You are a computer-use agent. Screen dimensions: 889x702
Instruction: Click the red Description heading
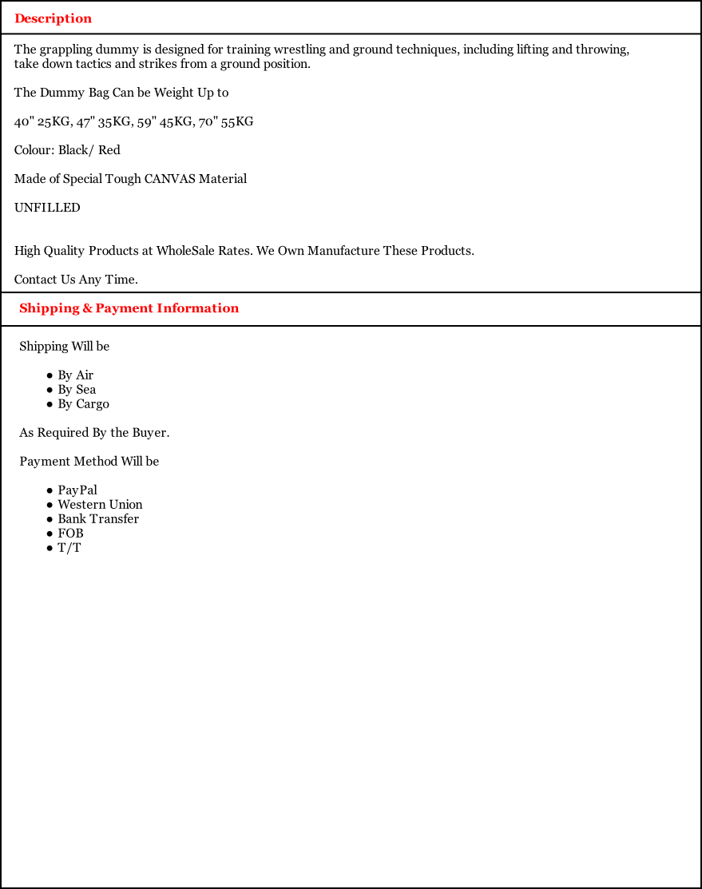[x=53, y=18]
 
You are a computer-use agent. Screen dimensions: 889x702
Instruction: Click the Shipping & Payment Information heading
[x=129, y=308]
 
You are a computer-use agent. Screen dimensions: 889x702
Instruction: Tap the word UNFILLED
[x=47, y=208]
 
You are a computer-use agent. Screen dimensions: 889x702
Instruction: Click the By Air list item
[x=75, y=375]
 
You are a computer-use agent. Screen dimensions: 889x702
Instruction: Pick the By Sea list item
[x=77, y=390]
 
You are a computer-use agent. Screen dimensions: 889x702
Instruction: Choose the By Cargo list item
[x=83, y=404]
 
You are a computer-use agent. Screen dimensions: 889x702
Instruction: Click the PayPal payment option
[x=77, y=490]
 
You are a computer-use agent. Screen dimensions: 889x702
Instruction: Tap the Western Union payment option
[x=100, y=505]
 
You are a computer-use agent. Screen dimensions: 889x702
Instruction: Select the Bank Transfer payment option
[x=98, y=519]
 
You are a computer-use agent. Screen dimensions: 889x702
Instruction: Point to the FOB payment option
[x=70, y=534]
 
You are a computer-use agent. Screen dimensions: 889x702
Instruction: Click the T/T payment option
[x=69, y=548]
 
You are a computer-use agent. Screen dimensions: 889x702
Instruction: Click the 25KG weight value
[x=55, y=121]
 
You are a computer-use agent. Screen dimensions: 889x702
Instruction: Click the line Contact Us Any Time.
[x=76, y=280]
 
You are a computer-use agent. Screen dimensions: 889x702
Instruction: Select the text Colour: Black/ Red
[x=67, y=150]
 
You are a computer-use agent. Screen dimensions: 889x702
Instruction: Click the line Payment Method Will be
[x=89, y=462]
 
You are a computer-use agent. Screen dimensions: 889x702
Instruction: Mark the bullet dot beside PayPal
[x=50, y=490]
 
